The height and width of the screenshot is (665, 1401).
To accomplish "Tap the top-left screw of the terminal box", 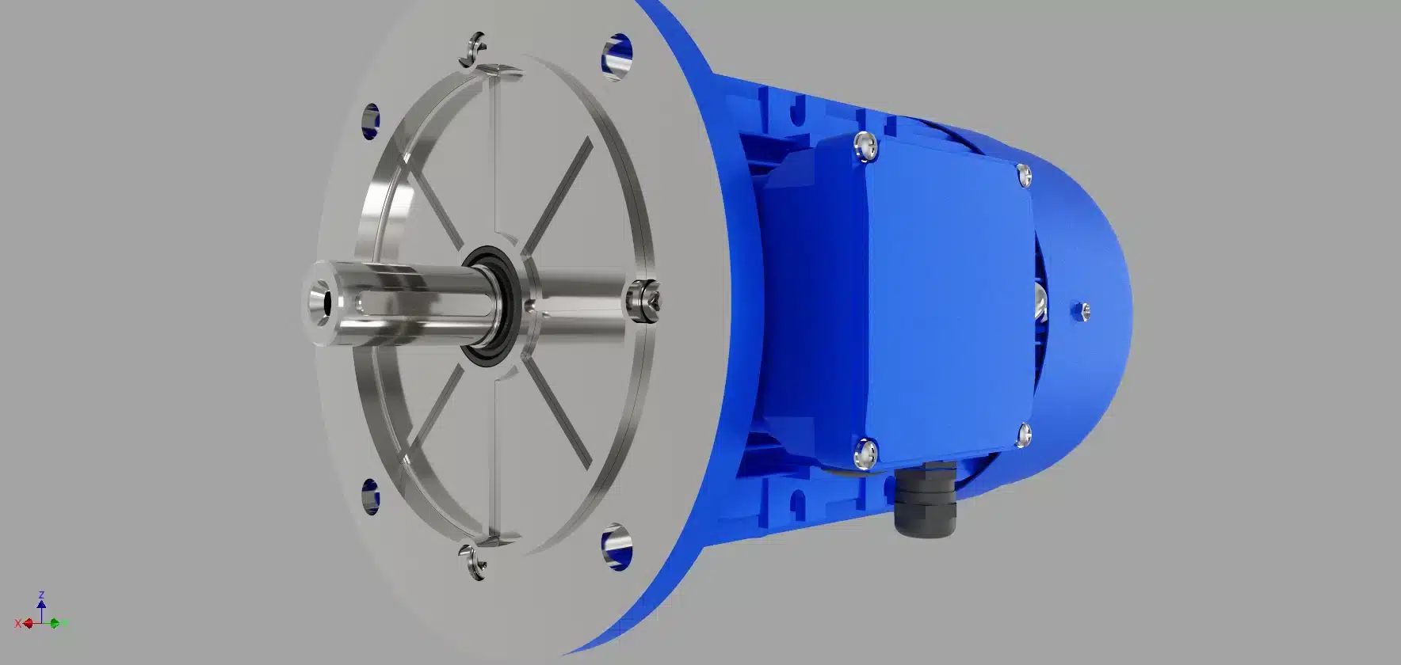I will [x=864, y=146].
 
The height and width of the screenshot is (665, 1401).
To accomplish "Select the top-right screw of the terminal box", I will [x=1023, y=174].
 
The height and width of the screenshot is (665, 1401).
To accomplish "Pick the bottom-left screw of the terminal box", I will [x=866, y=453].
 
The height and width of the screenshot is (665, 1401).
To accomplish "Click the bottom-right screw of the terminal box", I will [x=1023, y=433].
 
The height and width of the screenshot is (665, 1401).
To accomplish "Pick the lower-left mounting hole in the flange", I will [x=370, y=495].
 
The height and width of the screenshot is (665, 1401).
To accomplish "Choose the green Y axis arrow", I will [x=55, y=623].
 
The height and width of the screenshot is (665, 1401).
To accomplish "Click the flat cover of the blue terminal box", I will [x=947, y=301].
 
